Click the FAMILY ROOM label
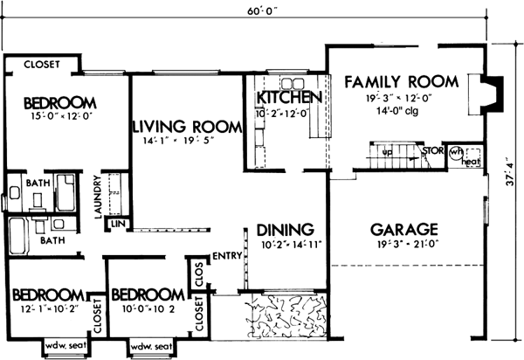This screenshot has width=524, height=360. [x=401, y=82]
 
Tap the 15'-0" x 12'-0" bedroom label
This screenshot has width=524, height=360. [x=59, y=113]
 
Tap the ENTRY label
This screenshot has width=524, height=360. [x=226, y=255]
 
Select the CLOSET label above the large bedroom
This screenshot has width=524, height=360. [x=41, y=65]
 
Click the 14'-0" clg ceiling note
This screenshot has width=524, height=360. [x=401, y=113]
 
